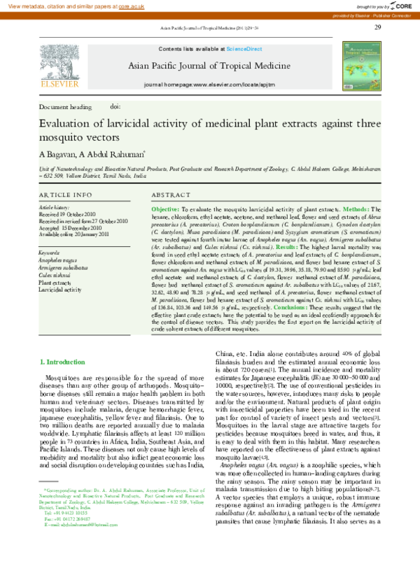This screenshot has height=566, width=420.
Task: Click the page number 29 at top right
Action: (x=378, y=27)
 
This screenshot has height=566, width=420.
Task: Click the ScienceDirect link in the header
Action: (x=244, y=48)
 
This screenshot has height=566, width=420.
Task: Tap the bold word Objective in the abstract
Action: (x=165, y=209)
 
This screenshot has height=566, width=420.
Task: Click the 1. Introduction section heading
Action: (x=64, y=362)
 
